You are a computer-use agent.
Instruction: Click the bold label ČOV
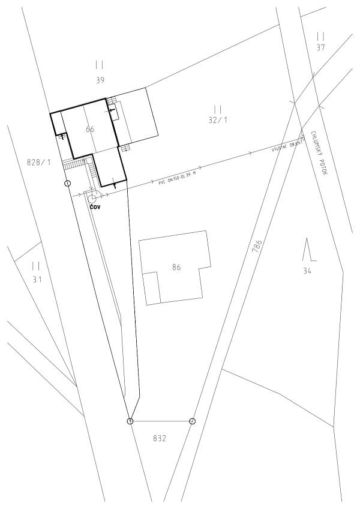click(95, 206)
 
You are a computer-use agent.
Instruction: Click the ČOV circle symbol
click(92, 198)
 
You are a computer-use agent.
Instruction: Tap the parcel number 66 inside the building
click(90, 129)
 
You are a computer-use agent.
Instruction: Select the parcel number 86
click(176, 268)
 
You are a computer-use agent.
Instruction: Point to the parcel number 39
click(100, 79)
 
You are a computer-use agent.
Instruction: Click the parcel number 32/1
click(218, 120)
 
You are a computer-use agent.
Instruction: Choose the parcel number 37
click(320, 47)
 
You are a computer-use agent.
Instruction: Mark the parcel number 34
click(308, 271)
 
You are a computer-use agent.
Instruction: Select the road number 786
click(257, 247)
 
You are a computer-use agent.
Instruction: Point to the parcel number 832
click(159, 438)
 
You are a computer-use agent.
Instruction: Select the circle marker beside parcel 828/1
click(67, 182)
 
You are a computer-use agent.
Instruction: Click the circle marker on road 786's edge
click(192, 421)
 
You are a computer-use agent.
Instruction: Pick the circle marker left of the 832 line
click(130, 421)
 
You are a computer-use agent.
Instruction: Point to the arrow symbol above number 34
click(308, 250)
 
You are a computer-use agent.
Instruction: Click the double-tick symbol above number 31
click(36, 265)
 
